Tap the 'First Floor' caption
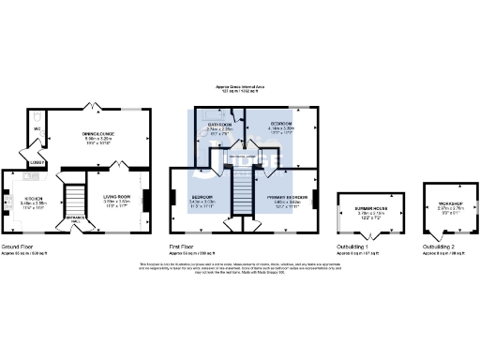click(x=182, y=247)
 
